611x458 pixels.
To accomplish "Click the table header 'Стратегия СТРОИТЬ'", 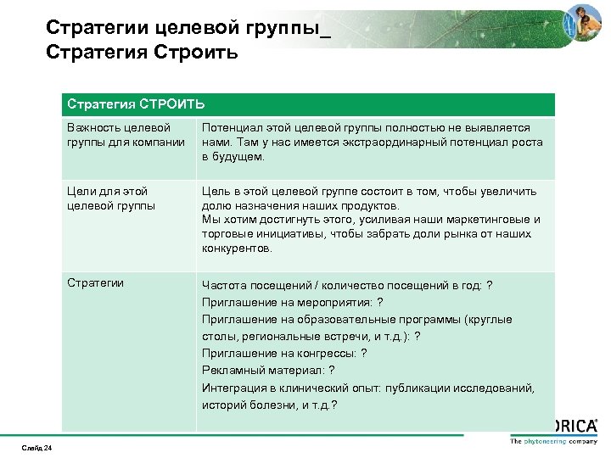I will tap(136, 104).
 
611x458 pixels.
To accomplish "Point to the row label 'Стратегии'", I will tap(96, 282).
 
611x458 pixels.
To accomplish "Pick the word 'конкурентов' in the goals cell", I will tap(237, 249).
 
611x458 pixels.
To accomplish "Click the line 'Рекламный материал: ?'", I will tap(268, 370).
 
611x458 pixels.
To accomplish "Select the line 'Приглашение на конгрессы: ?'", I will tap(284, 353).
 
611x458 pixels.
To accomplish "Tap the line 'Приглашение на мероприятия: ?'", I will tap(292, 302).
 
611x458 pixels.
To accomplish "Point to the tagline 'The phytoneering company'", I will tap(552, 441).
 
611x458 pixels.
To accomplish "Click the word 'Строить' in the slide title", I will tap(197, 53).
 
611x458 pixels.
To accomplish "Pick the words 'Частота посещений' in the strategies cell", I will tap(249, 285).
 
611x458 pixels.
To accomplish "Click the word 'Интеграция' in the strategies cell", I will tap(234, 388).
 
